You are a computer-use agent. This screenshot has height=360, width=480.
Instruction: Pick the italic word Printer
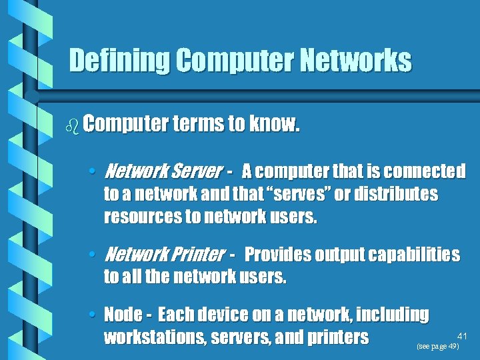click(x=198, y=254)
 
